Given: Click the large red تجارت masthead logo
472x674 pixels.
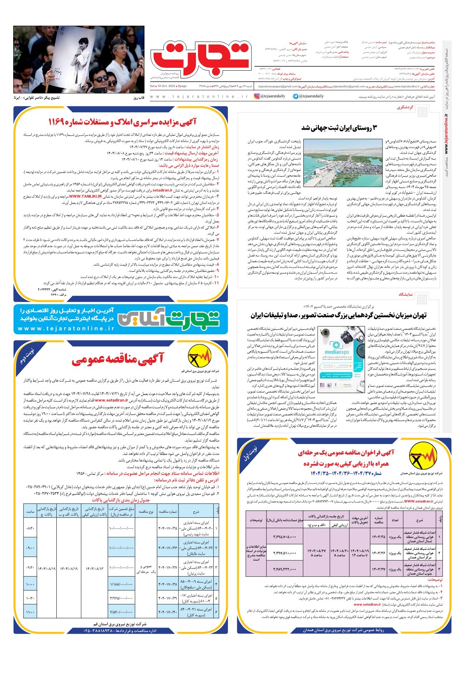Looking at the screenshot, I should pyautogui.click(x=201, y=57).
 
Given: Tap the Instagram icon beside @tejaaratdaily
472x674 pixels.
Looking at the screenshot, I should pyautogui.click(x=257, y=96).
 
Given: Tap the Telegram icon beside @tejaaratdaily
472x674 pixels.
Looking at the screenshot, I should pyautogui.click(x=295, y=96).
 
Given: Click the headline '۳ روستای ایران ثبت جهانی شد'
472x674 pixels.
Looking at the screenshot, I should pyautogui.click(x=339, y=128).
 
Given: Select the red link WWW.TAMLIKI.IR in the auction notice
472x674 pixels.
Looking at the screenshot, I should pyautogui.click(x=86, y=196).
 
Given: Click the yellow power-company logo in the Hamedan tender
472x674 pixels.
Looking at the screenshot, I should pyautogui.click(x=423, y=458).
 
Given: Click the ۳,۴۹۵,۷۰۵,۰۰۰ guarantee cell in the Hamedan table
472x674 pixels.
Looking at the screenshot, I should pyautogui.click(x=285, y=537).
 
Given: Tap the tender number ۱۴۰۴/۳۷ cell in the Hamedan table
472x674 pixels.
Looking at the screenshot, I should pyautogui.click(x=379, y=570).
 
